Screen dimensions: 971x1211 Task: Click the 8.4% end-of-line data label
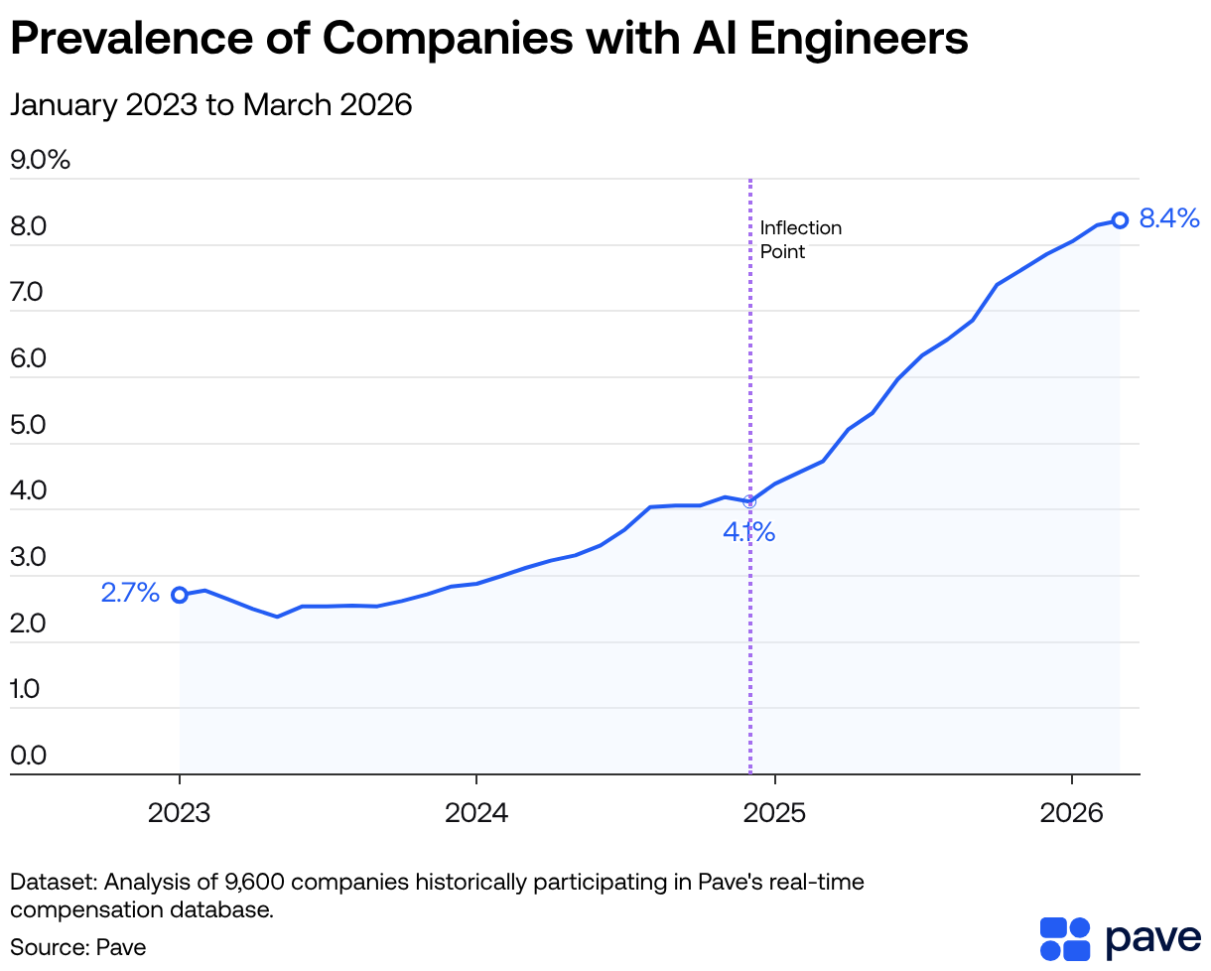click(x=1169, y=219)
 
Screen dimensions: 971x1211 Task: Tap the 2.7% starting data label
click(x=130, y=593)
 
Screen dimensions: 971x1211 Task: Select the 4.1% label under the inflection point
click(x=748, y=533)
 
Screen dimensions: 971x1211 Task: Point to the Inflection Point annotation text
click(x=800, y=239)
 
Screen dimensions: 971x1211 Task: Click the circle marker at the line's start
click(x=180, y=595)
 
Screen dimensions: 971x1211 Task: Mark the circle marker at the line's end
click(x=1119, y=220)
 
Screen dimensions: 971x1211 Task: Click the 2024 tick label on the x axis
click(x=476, y=814)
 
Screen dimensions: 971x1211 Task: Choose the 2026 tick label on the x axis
click(x=1072, y=814)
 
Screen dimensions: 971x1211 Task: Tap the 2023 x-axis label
click(x=180, y=814)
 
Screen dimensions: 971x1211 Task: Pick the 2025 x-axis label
click(x=774, y=814)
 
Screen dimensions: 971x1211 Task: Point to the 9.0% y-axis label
click(x=41, y=160)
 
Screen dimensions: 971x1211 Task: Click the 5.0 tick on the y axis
click(x=29, y=425)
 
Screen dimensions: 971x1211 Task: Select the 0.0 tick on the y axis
click(x=29, y=756)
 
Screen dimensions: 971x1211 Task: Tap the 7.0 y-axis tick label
click(x=29, y=293)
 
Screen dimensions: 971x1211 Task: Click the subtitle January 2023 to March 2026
click(x=210, y=104)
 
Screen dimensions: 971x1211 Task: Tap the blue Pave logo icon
click(x=1065, y=939)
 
